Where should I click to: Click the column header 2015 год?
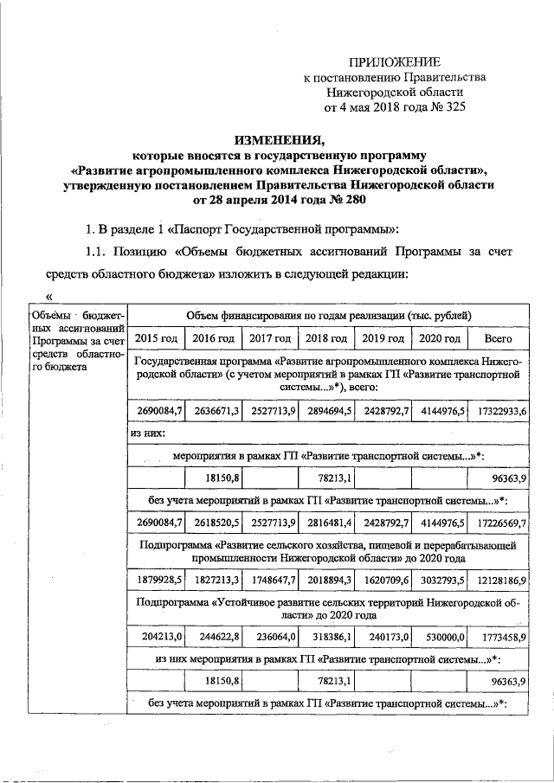[156, 337]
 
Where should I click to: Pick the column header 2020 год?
[440, 337]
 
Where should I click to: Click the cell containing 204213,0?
[158, 637]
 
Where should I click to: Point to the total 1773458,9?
[502, 637]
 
